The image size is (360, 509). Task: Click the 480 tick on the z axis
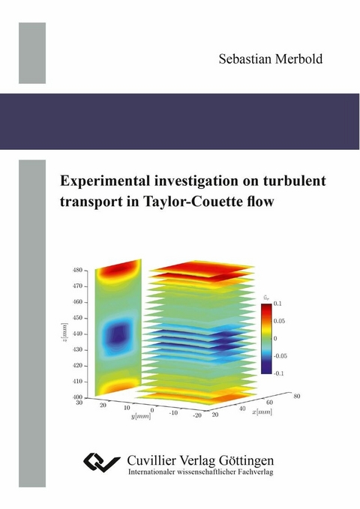point(79,270)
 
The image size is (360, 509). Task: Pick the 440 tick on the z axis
point(79,334)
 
